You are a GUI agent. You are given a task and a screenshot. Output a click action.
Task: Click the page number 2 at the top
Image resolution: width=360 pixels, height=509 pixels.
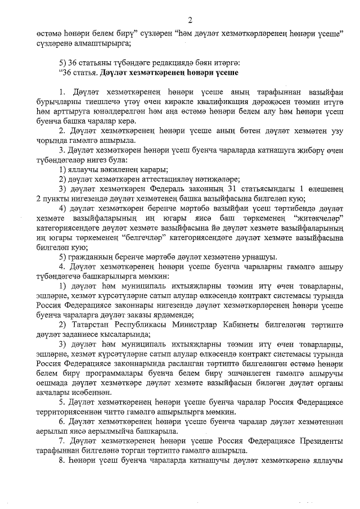190,21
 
